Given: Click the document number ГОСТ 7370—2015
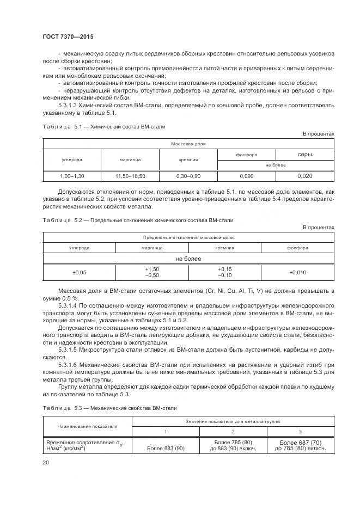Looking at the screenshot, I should coord(69,36).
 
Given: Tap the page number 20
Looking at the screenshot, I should coord(46,462).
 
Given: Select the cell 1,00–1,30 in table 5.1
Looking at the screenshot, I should coord(72,176).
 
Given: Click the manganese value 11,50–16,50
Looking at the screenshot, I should coord(130,176).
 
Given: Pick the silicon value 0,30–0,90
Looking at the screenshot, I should coord(188,176).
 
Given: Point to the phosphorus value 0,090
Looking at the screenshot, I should coord(246,176).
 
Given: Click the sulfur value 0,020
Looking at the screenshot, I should coord(304,176).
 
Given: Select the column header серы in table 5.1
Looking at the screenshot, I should coord(304,155).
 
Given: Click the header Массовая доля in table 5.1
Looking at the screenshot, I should coord(188,144).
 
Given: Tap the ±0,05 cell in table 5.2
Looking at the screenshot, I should coord(79,272).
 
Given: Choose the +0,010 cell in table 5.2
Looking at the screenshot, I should coord(297,272).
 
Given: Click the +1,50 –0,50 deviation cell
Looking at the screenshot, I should coord(152,272).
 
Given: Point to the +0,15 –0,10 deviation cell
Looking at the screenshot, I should coord(224,272).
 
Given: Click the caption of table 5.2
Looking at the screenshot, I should coord(138,220).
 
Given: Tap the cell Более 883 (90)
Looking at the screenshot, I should coord(166,449).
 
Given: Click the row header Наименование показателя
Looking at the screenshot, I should coord(87,427).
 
